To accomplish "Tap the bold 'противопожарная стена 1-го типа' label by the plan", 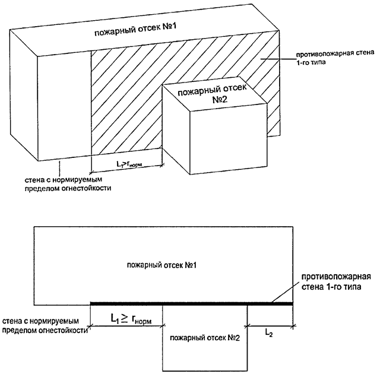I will [x=335, y=282].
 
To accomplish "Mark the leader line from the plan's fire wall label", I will [x=284, y=294].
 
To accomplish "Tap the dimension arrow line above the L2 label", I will [x=270, y=325].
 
